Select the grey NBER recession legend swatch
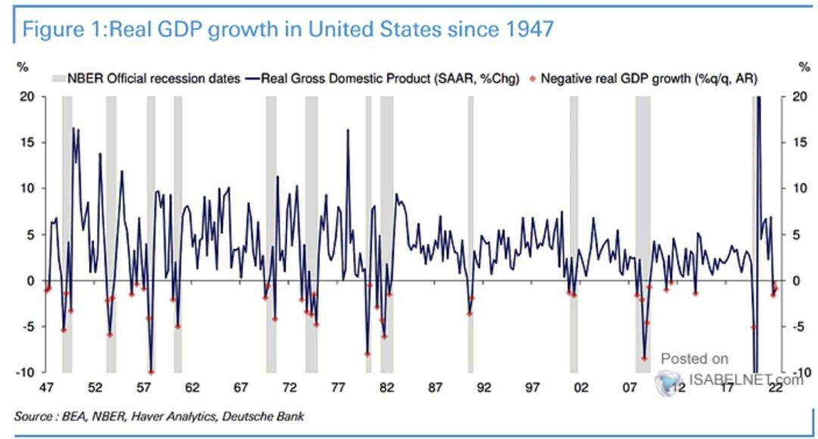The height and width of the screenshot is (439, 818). [58, 78]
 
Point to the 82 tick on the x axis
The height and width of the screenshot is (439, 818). [386, 388]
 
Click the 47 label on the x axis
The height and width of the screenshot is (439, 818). [46, 388]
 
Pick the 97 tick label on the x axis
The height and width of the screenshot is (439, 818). [532, 388]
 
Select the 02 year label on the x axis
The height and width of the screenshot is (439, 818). [581, 388]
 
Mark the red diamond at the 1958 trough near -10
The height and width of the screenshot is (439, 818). [151, 372]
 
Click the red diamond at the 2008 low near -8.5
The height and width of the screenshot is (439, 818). [645, 358]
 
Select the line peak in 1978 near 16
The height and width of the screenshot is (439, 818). [348, 130]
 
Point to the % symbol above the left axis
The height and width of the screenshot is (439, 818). [23, 67]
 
